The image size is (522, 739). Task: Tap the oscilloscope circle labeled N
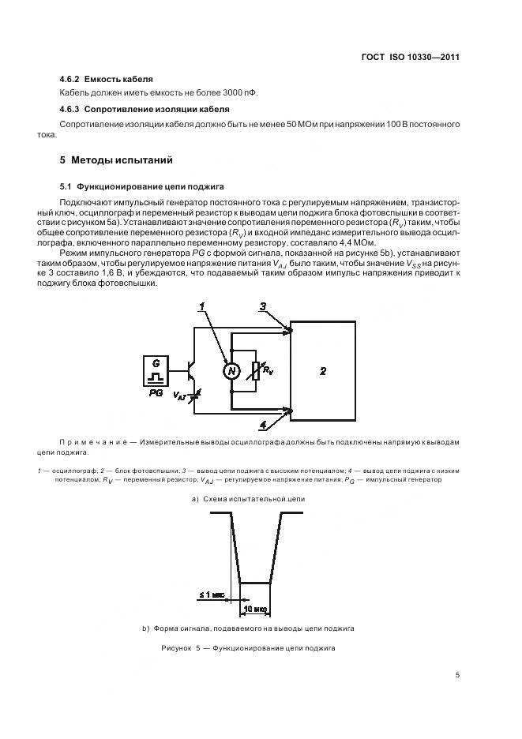pos(231,371)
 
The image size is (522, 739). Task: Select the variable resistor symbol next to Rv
pos(254,370)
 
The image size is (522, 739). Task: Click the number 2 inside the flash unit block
pos(323,369)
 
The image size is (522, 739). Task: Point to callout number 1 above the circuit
pos(202,306)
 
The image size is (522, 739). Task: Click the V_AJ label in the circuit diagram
pos(179,396)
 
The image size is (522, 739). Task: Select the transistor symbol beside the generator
pos(192,369)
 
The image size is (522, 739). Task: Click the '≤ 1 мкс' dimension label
pos(212,596)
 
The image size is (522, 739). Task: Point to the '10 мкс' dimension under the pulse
pos(255,610)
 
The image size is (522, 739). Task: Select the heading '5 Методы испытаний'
pos(116,159)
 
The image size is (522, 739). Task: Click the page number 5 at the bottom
pos(457,675)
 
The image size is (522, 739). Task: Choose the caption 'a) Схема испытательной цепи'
pos(248,499)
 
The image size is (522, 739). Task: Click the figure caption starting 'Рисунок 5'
pos(248,647)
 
